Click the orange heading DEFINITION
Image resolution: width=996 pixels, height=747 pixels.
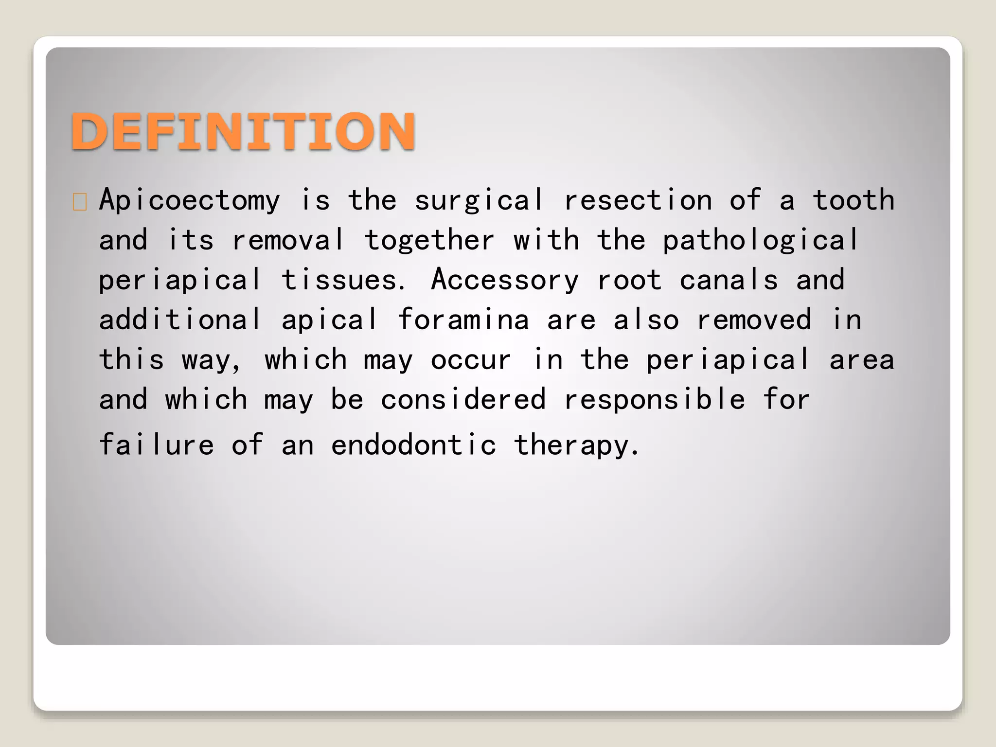[243, 131]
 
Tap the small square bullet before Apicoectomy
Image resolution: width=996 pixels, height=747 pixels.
[80, 202]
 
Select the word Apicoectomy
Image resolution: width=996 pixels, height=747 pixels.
[190, 200]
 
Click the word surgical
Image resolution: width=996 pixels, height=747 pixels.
[479, 200]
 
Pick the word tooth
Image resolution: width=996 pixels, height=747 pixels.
[854, 200]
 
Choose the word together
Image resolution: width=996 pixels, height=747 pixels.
[429, 240]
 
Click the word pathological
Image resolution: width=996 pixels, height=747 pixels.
[761, 240]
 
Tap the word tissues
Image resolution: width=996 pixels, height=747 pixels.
[342, 280]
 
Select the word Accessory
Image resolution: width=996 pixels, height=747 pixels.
[505, 280]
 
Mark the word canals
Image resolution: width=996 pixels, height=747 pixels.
[729, 280]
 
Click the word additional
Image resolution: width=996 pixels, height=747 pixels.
[180, 320]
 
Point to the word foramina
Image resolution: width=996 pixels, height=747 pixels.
[463, 320]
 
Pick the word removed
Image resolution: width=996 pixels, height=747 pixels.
[754, 320]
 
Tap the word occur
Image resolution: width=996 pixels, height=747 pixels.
[471, 360]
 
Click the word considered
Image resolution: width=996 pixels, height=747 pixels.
[463, 400]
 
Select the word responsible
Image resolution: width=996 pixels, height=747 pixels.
[655, 400]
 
